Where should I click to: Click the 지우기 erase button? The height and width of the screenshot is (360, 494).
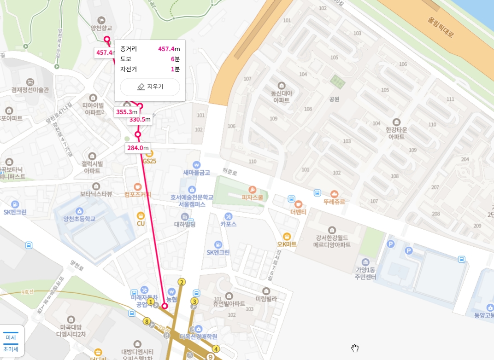[x=150, y=87]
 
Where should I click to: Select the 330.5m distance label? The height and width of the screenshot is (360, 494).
[x=140, y=120]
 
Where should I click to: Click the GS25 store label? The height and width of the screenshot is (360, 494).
[x=150, y=161]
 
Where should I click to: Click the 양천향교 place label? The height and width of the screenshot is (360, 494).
[x=101, y=28]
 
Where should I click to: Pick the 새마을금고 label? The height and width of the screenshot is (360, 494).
[x=196, y=173]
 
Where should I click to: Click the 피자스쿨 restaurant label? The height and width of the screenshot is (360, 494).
[x=252, y=197]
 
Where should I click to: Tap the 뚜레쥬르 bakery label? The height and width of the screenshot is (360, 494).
[x=334, y=201]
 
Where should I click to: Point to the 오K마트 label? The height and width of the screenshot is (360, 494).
[x=287, y=244]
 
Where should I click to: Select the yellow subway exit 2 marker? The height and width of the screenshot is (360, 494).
[x=182, y=282]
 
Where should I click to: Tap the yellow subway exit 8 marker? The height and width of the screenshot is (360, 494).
[x=147, y=321]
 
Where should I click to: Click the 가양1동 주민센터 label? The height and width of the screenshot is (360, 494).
[x=366, y=273]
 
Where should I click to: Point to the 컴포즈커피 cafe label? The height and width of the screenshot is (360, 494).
[x=138, y=194]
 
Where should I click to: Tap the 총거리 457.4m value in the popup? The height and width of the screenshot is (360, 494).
[x=169, y=49]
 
